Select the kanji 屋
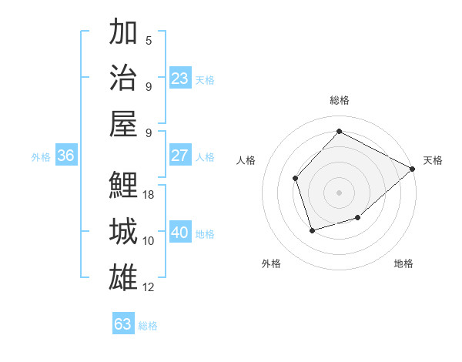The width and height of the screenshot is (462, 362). point(123,123)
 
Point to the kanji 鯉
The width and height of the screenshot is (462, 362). point(123,185)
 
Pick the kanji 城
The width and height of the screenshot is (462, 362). point(123,232)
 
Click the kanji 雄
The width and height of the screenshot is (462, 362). point(123,277)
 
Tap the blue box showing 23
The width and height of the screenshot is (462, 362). point(179,79)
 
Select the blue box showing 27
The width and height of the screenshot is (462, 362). point(179,156)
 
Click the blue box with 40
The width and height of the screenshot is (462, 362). point(179,233)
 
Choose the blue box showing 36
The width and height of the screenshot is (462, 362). point(65,156)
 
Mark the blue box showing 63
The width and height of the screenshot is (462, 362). point(122,324)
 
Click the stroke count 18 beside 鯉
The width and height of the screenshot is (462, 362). point(149,195)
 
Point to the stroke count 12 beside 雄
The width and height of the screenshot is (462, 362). point(149,287)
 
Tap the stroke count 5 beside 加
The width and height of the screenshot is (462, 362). point(149,41)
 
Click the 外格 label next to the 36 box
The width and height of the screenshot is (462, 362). point(41,157)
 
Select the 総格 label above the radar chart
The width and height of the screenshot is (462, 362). point(340,100)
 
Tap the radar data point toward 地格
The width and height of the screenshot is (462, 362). point(358,218)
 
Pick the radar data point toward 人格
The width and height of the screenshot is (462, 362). point(295,178)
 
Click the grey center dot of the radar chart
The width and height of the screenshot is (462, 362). point(340,192)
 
